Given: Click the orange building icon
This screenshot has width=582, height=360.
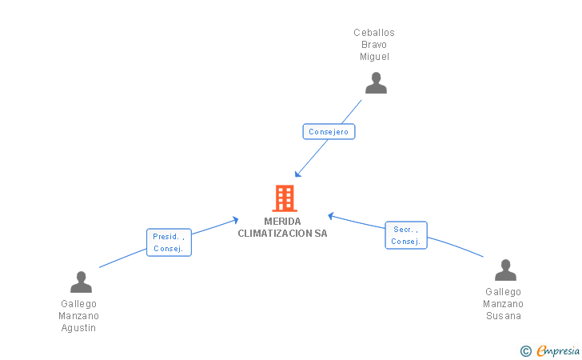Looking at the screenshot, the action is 285,198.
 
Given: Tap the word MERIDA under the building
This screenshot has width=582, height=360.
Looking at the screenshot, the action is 282,222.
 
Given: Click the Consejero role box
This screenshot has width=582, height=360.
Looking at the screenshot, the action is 329,131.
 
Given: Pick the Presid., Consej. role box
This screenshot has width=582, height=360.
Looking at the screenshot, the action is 169,242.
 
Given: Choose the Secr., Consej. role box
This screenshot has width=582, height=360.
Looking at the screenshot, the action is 406,235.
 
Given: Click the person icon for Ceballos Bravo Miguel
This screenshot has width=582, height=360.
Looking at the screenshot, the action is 376,83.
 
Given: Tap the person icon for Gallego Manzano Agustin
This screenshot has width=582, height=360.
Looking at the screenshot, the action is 81,282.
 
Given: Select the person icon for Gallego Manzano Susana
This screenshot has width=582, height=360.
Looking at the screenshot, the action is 505,270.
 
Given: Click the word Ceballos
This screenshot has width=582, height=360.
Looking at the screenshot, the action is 374,33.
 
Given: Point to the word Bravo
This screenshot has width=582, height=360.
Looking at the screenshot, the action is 374,45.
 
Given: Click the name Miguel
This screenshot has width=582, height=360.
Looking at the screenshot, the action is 374,57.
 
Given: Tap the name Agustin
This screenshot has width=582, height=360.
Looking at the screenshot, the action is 78,328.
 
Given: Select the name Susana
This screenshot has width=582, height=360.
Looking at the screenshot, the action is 504,316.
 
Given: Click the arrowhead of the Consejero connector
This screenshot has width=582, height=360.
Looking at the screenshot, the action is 297,174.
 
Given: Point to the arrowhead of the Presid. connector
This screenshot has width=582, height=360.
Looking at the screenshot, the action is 236,220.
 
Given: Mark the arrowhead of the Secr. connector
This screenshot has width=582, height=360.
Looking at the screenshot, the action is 331,215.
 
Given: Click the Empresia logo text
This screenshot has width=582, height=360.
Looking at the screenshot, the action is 558,350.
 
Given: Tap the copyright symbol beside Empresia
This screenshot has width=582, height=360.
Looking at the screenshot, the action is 525,351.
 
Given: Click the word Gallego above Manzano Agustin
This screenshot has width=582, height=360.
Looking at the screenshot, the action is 78,304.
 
